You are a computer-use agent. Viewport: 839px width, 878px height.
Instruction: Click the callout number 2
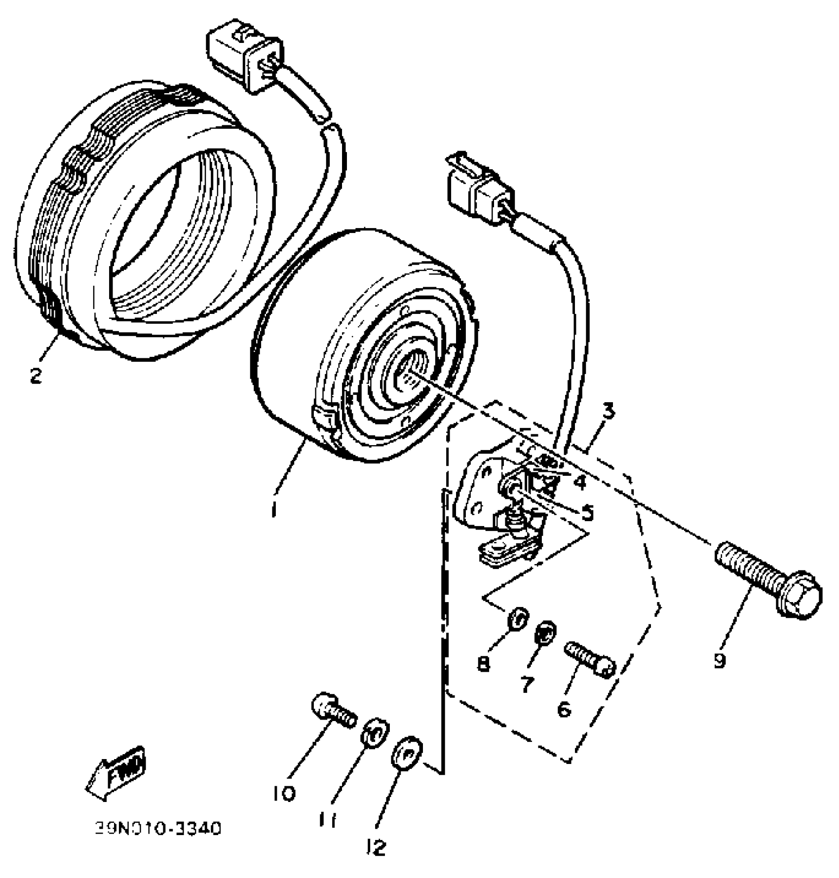[x=36, y=376]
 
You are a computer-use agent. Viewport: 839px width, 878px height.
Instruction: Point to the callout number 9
[x=720, y=660]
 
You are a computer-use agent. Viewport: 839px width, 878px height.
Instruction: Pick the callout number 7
[x=527, y=684]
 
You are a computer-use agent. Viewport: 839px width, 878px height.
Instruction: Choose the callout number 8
[x=484, y=664]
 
